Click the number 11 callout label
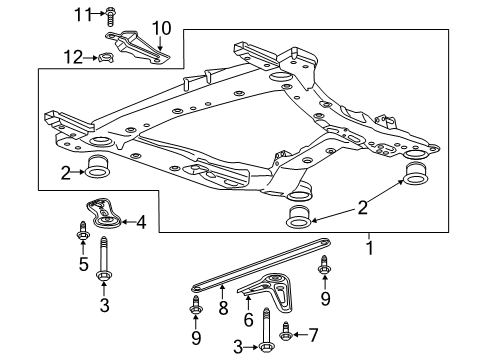(83, 13)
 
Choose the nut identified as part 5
(80, 237)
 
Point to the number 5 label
(80, 265)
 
